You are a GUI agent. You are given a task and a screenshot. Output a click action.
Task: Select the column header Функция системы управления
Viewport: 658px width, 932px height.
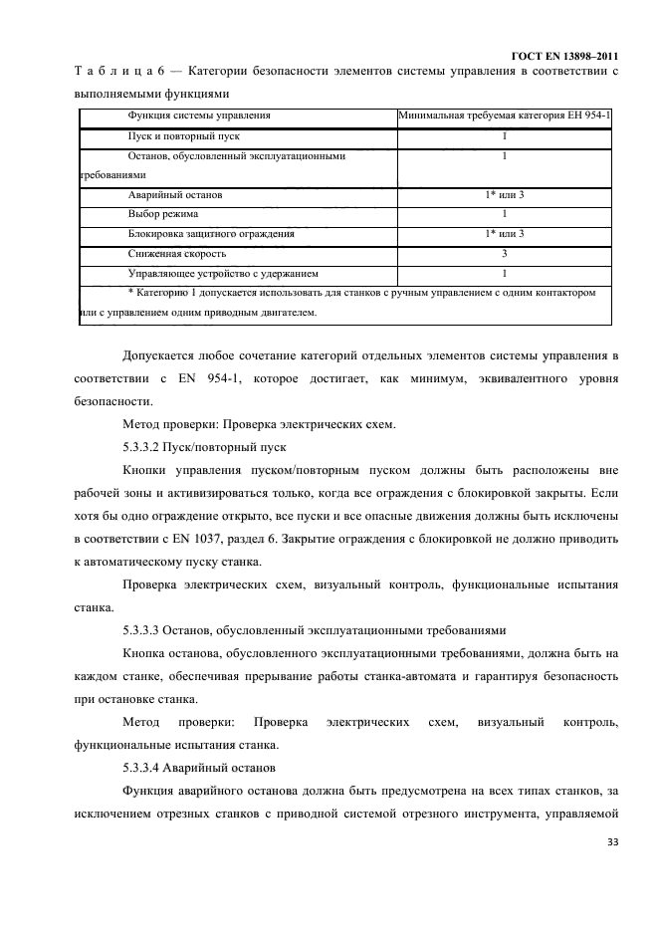tap(199, 116)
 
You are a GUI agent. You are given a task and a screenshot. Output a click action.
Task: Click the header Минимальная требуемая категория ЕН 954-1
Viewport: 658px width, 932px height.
tap(505, 116)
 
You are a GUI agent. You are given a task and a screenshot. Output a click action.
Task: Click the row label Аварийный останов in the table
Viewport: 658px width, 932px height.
tap(175, 195)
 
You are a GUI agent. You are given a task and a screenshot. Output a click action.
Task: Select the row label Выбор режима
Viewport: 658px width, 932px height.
tap(163, 214)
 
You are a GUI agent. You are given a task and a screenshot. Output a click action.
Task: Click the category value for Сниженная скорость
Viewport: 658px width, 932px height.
tap(505, 254)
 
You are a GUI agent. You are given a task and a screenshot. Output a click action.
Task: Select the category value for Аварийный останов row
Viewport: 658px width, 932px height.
tap(505, 195)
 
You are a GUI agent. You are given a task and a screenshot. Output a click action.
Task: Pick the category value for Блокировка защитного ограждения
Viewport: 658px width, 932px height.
tap(505, 234)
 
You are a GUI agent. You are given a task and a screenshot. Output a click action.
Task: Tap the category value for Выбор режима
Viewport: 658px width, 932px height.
tap(505, 214)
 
